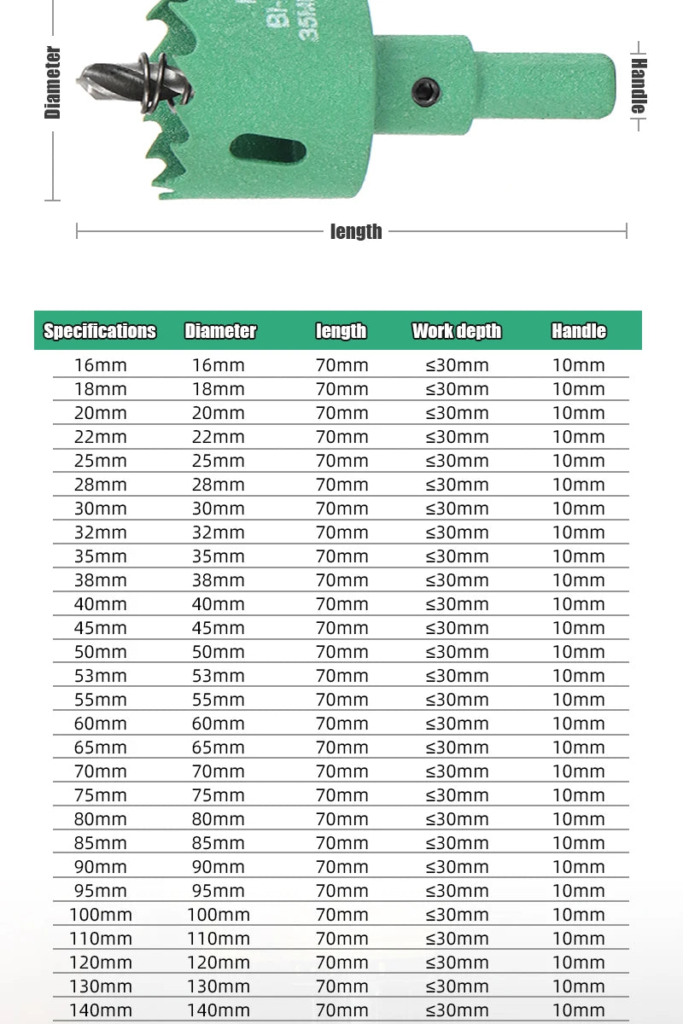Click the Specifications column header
pos(100,331)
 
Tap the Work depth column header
pos(457,331)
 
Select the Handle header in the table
pos(579,331)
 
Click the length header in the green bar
pos(341,331)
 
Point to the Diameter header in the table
pos(220,331)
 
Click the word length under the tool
pos(356,231)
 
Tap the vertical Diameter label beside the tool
pos(53,82)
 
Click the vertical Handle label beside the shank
pos(639,85)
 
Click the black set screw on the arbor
pos(425,90)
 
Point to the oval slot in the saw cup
pos(268,149)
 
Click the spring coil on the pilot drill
pos(156,83)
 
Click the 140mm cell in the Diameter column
pos(219,1010)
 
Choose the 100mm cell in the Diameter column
pos(219,915)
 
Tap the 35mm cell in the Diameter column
pos(219,556)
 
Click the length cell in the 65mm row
pos(342,748)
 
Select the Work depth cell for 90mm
pos(458,867)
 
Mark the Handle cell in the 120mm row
pos(579,963)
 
